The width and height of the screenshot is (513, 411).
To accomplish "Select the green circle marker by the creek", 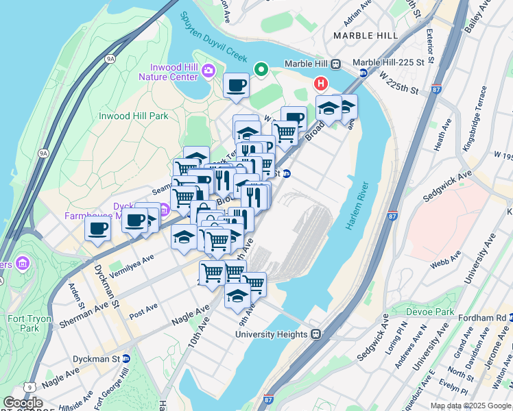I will pos(261,68).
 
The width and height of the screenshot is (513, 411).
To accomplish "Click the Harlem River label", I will pos(358,206).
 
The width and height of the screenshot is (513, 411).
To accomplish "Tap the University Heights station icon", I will pos(316,334).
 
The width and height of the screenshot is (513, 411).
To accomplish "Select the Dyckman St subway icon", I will pos(126,358).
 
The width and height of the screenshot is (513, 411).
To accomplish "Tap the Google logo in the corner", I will pos(23,402).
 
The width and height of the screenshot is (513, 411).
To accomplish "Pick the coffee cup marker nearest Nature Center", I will pos(236,86).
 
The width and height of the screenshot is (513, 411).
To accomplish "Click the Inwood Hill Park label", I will pos(133,116).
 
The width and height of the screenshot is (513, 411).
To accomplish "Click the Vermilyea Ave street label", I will pos(131,261).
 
